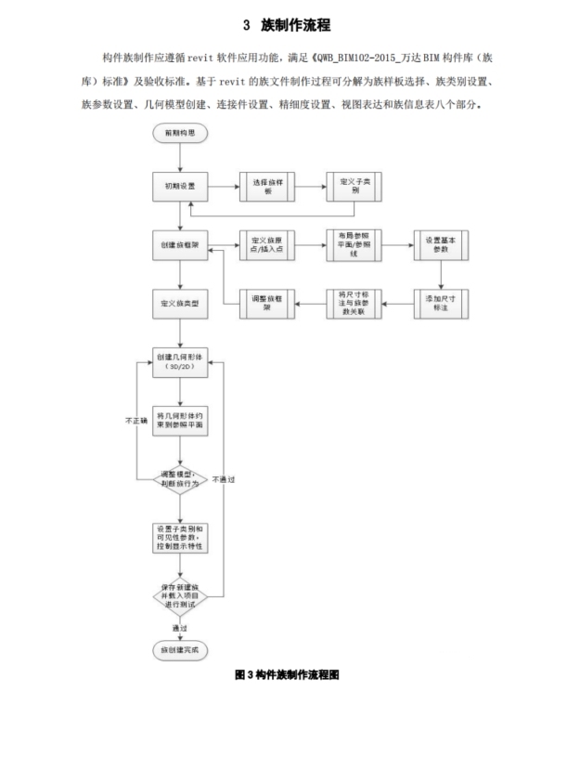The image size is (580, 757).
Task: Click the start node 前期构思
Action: (x=181, y=133)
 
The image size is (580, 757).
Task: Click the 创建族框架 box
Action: (x=181, y=246)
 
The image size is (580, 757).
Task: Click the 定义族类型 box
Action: (x=181, y=304)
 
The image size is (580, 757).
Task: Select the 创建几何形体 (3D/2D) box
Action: (x=181, y=362)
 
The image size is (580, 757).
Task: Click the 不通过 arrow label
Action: (x=223, y=479)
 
